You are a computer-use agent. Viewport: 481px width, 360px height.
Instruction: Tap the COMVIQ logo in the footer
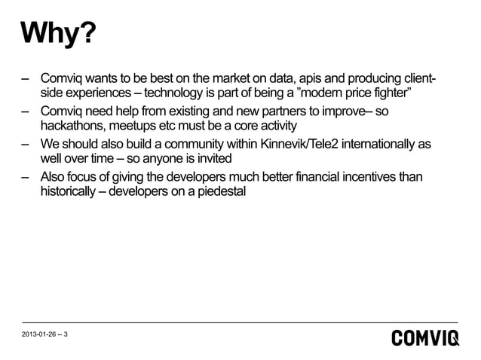424,338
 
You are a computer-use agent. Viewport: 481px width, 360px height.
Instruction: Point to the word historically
69,191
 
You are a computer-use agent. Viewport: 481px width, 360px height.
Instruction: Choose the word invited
216,158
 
